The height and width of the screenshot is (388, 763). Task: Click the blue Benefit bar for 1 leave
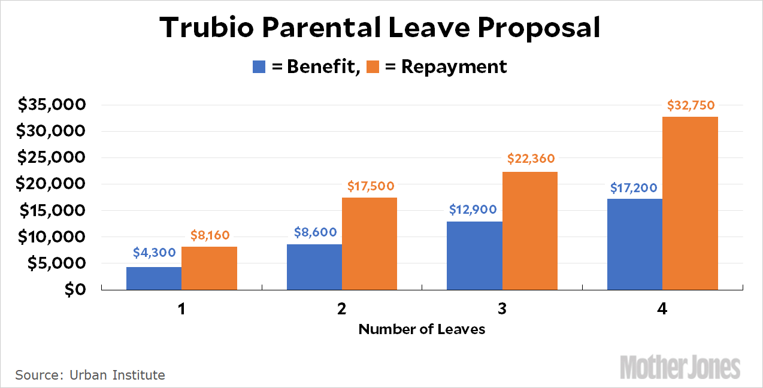coord(154,278)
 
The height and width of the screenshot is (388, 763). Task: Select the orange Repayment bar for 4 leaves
coord(690,203)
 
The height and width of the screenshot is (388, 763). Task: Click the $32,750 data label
coord(691,105)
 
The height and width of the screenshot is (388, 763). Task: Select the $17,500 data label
coord(371,186)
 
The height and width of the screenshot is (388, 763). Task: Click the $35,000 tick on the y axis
coord(52,105)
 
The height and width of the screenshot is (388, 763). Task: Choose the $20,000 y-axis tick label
coord(52,184)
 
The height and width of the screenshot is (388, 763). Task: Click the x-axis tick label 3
coord(502,309)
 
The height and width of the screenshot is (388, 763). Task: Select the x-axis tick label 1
coord(181,309)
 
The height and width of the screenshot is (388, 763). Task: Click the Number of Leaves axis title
coord(422,329)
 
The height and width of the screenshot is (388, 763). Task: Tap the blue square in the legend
coord(259,66)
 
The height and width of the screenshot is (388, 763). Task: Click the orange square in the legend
coord(373,66)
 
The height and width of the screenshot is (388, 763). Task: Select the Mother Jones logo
coord(680,366)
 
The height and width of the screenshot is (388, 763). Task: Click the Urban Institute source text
coord(117,375)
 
